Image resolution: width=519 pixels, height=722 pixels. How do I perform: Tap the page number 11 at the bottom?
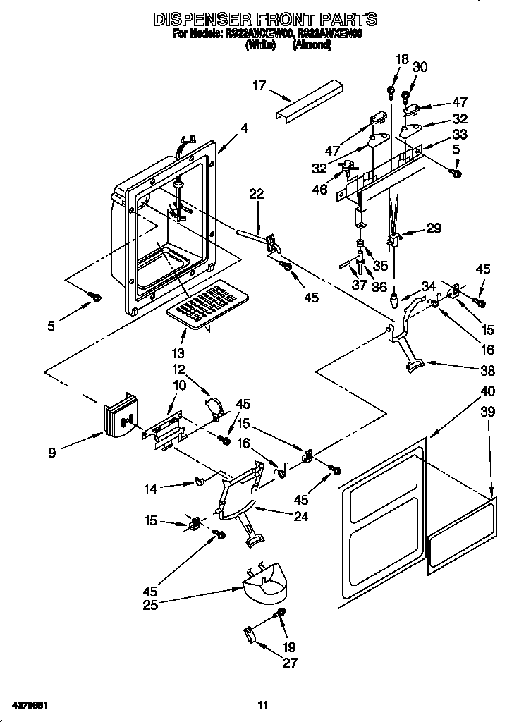(x=262, y=704)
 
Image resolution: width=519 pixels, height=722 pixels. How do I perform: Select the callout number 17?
(x=259, y=86)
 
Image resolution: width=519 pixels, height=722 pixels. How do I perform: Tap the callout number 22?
(x=256, y=195)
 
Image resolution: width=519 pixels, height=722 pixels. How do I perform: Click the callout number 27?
(x=290, y=662)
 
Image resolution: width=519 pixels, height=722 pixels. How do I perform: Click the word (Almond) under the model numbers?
(x=310, y=45)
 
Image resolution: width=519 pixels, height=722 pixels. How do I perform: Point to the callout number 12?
(x=178, y=369)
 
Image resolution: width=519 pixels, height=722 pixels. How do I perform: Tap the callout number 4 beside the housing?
(x=244, y=128)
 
